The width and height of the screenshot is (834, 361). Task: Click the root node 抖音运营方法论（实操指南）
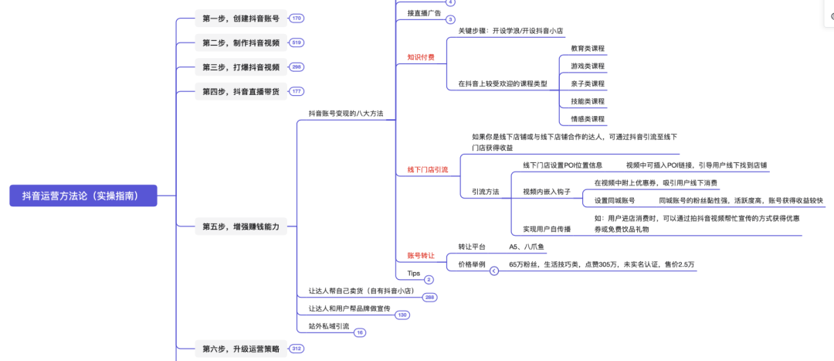coord(83,196)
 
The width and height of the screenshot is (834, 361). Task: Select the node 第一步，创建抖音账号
coord(240,18)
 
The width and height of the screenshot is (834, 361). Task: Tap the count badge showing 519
coord(297,43)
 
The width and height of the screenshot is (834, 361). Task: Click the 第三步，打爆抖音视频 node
coord(240,67)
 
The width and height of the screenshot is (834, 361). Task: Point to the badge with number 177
coord(297,91)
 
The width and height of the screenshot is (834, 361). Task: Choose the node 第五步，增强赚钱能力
coord(240,226)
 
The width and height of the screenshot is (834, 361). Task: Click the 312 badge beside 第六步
coord(297,349)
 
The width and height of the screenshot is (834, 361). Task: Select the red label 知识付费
coord(420,57)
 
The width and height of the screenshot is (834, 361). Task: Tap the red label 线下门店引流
coord(427,169)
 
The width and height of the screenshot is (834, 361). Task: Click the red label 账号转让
coord(420,255)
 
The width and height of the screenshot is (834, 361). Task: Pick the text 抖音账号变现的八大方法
coord(345,114)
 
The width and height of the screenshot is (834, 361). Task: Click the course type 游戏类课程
coord(588,66)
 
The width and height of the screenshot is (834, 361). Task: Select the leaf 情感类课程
coord(588,119)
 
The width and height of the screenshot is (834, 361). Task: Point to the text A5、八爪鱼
coord(527,247)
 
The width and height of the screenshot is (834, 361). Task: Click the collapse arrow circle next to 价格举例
coord(494,271)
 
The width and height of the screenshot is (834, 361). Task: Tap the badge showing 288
coord(429,297)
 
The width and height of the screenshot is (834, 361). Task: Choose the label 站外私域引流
coord(329,326)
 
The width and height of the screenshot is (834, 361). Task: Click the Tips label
coord(414,273)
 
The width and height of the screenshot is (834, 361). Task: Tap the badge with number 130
coord(402,315)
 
